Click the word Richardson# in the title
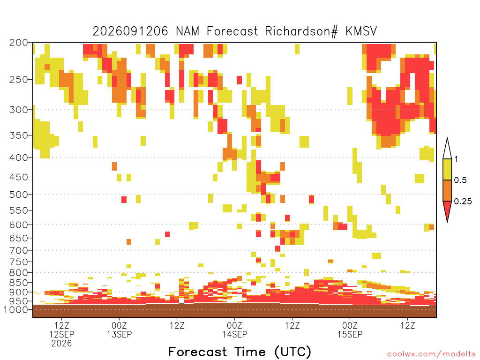[x=301, y=31]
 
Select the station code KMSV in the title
[x=361, y=31]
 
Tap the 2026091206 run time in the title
[x=130, y=31]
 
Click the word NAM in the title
[x=187, y=31]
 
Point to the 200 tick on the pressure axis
[x=18, y=43]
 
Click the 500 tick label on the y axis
[x=18, y=195]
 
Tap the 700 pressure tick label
[x=18, y=250]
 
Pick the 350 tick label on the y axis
[x=18, y=135]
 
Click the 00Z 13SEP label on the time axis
[x=119, y=330]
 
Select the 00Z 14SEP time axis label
[x=234, y=330]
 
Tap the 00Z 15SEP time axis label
[x=350, y=330]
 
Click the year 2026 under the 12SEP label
[x=61, y=344]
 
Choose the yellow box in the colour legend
[x=447, y=169]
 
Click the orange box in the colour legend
[x=447, y=190]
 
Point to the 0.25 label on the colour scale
[x=463, y=202]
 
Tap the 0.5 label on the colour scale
[x=460, y=180]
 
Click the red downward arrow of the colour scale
[x=447, y=210]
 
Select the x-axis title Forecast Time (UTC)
[x=240, y=352]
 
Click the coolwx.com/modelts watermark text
[x=431, y=354]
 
